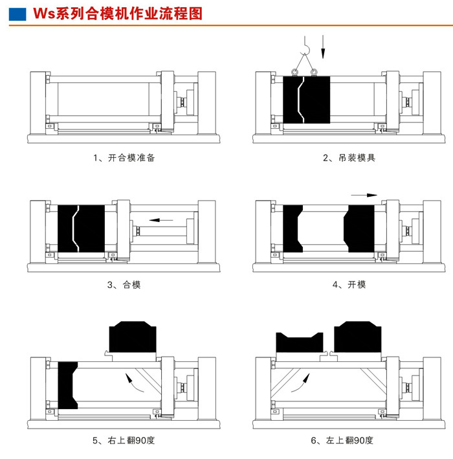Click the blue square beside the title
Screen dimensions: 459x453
point(19,14)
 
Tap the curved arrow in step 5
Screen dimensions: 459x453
point(135,383)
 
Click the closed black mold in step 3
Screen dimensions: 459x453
point(82,227)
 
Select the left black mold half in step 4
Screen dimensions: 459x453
point(293,228)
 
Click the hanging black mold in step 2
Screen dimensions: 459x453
point(307,98)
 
